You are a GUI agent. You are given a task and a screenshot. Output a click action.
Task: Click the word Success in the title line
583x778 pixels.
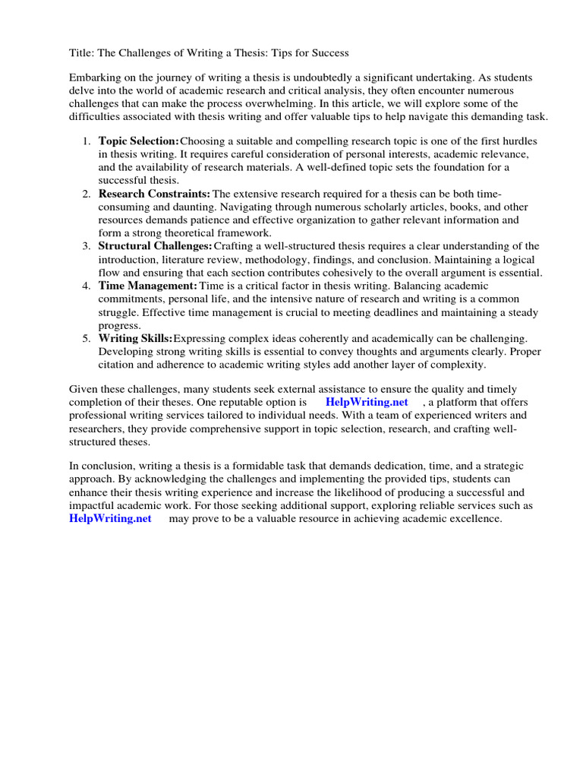328,53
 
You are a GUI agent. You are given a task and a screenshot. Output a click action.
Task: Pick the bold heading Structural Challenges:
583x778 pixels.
156,246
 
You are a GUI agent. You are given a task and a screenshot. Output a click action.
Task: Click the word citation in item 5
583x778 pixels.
118,365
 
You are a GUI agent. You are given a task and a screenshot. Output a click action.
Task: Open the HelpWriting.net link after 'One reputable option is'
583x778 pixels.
367,402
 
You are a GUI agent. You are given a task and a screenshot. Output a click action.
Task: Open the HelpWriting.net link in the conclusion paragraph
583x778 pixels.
110,519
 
